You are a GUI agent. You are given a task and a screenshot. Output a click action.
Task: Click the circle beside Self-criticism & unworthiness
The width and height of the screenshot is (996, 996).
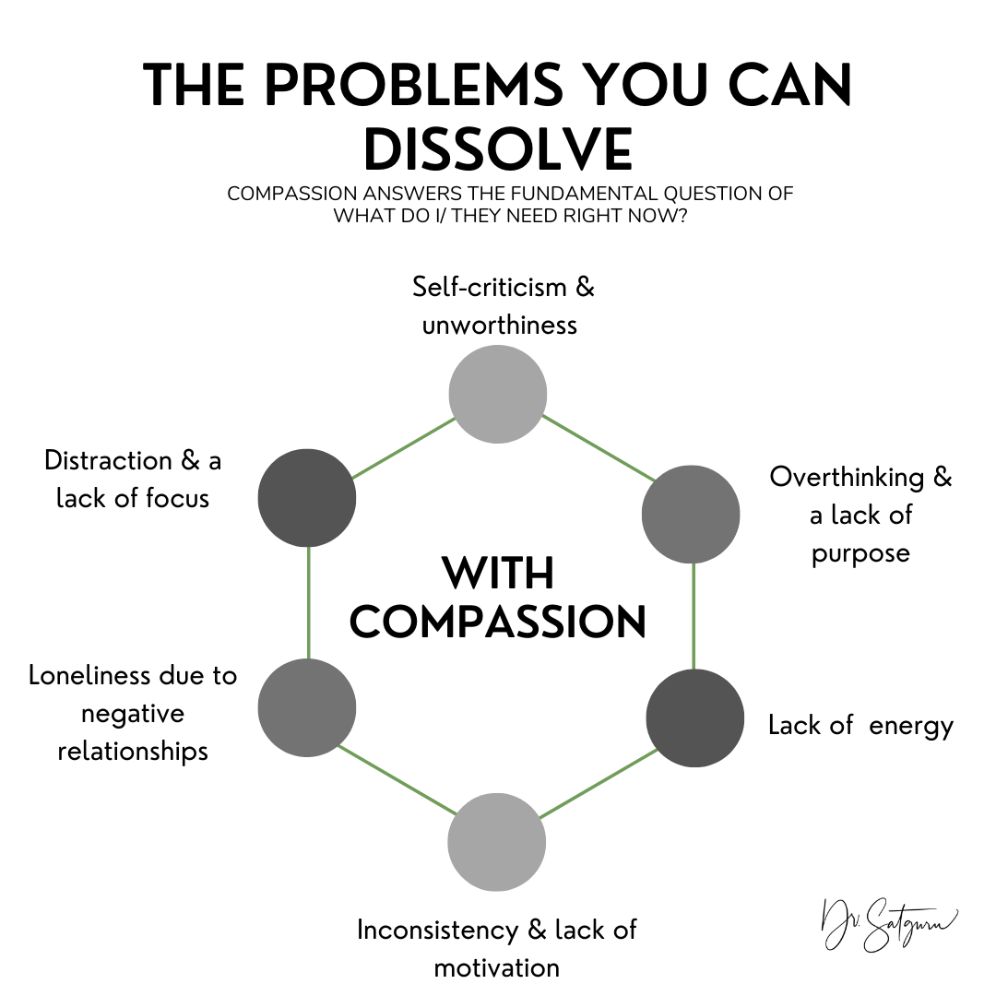[497, 394]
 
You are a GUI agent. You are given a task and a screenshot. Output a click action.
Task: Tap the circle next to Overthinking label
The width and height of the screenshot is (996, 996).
[691, 514]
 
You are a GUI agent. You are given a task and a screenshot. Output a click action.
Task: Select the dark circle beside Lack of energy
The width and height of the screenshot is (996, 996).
[694, 718]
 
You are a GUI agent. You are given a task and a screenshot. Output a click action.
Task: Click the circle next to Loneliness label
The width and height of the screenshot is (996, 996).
[307, 707]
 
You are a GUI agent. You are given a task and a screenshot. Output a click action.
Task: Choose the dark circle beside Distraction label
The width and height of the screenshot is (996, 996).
[307, 498]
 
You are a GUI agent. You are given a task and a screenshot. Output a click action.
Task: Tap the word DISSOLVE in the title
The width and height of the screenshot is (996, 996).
[498, 148]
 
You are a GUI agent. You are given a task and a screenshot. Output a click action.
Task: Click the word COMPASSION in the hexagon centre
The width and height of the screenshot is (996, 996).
[498, 622]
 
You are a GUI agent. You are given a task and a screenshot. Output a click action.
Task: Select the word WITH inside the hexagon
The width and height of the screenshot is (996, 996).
[498, 574]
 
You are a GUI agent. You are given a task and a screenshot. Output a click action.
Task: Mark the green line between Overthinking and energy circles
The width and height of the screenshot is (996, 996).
[694, 616]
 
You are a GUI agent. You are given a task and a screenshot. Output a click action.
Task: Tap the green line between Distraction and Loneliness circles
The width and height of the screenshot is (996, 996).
[308, 603]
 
